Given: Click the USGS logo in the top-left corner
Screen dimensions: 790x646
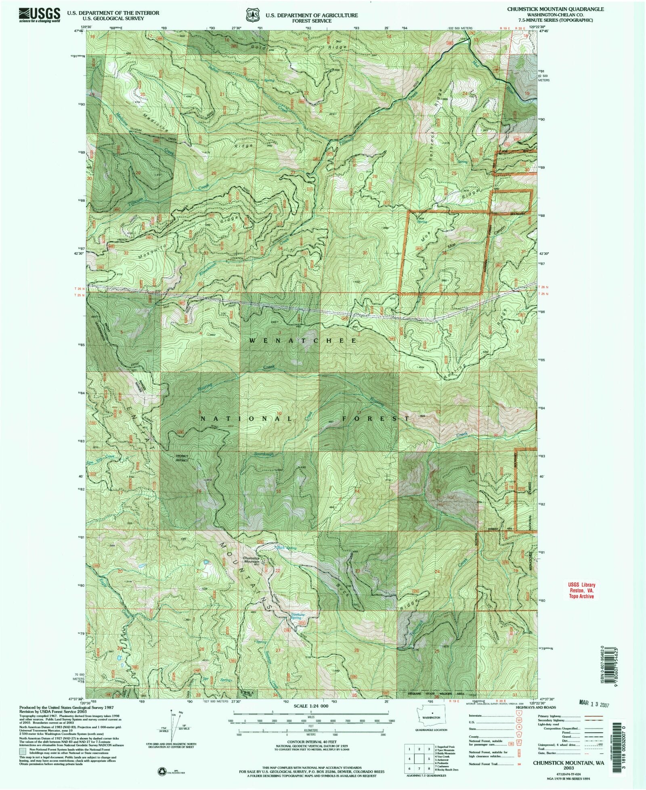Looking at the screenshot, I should (39, 15).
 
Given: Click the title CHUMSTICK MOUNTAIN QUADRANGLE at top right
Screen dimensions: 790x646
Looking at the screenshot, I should (553, 8).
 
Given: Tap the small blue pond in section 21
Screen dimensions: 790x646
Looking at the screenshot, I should (206, 562).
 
